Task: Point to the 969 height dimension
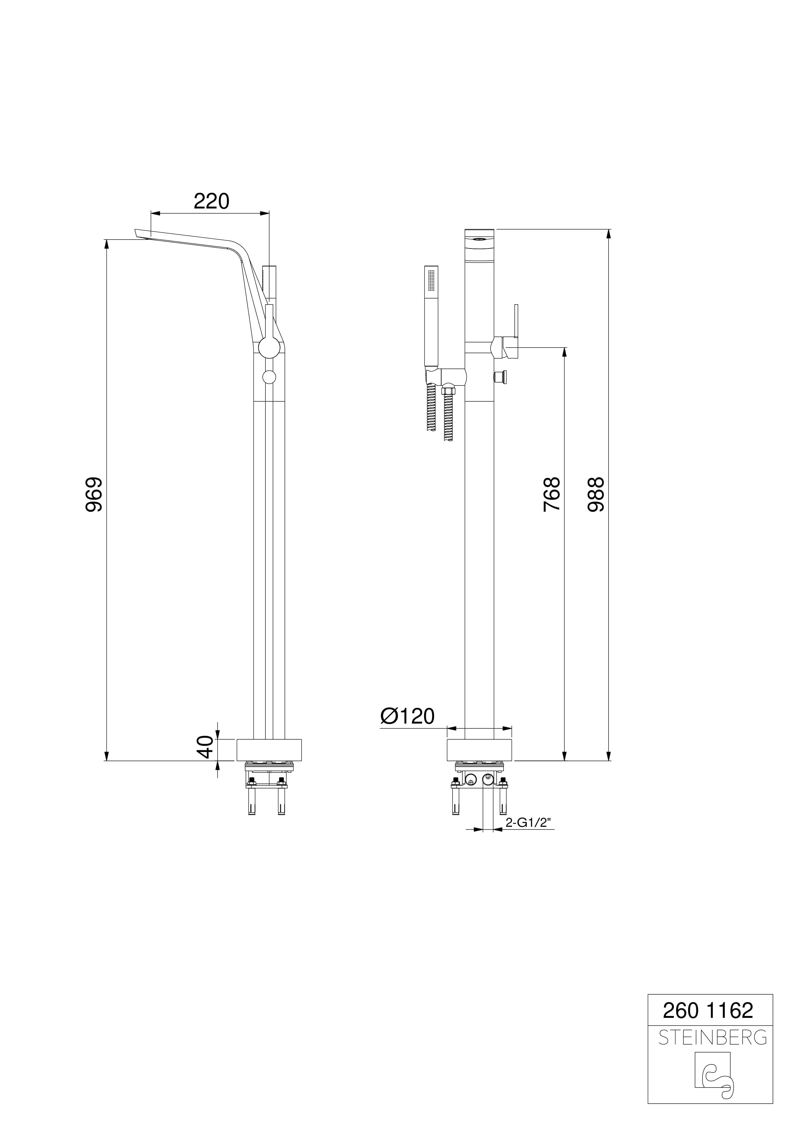[94, 494]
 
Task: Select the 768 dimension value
[552, 494]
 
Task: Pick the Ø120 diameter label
[407, 716]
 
